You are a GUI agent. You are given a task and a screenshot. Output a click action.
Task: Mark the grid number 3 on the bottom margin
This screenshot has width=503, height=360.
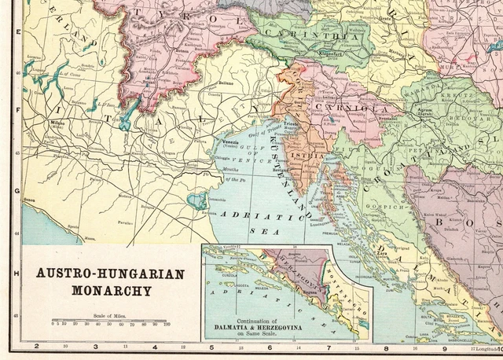[95, 346]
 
